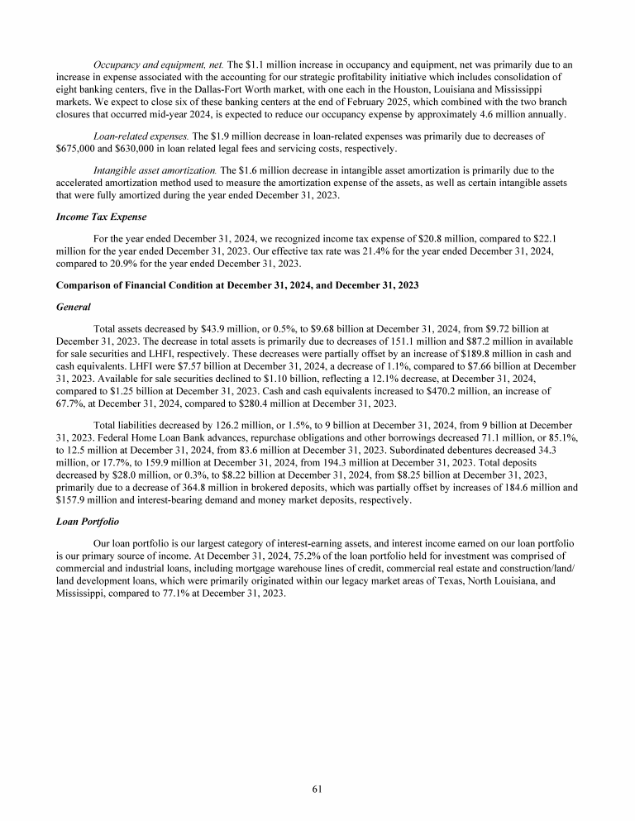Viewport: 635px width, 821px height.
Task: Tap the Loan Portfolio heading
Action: [x=86, y=523]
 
